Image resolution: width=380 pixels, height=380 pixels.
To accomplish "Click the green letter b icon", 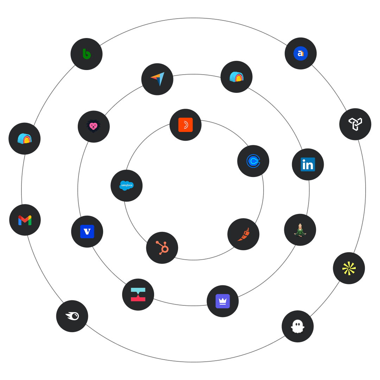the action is [x=87, y=54].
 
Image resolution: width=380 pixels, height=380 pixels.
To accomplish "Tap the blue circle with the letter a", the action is [x=300, y=53].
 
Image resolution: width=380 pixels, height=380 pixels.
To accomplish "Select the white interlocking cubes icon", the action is [x=355, y=124].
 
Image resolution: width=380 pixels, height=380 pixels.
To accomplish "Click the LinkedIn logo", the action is [x=308, y=164].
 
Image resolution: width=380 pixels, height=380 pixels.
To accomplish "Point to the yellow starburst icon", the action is [x=349, y=268].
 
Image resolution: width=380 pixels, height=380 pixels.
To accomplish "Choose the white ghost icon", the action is [x=297, y=327].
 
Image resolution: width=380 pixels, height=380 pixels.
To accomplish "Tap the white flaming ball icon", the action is [x=72, y=316].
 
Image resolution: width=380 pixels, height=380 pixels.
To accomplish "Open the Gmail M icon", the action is [x=25, y=220].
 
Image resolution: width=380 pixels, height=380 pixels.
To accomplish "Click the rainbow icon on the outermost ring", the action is [x=25, y=139].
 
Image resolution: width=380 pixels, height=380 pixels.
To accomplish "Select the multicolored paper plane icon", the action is [x=157, y=79].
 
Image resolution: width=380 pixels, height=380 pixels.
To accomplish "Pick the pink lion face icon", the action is [x=94, y=127].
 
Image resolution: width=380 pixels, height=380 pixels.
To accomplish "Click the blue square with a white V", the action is [x=87, y=232].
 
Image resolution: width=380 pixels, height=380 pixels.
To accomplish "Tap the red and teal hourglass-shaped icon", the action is [x=138, y=294].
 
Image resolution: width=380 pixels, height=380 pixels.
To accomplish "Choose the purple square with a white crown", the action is [x=222, y=301].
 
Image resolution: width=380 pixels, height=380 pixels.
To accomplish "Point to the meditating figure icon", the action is [x=300, y=230].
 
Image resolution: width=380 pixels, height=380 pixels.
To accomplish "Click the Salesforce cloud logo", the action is [x=126, y=185].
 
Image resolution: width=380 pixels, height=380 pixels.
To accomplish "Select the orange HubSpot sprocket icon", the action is [x=162, y=248].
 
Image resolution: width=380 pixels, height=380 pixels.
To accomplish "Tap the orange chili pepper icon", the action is [x=243, y=234].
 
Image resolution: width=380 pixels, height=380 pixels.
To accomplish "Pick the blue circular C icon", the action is [x=253, y=161].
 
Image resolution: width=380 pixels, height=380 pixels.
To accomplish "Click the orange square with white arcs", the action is [x=185, y=125].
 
